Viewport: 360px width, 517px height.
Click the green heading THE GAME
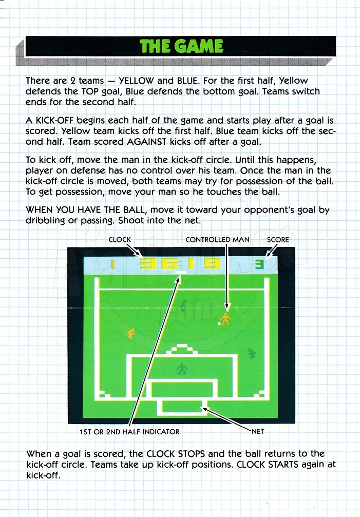[x=181, y=46]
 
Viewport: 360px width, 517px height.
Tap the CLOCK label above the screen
[x=120, y=240]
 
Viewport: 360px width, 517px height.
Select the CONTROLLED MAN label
[x=217, y=240]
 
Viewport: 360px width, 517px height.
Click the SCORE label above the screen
[x=278, y=240]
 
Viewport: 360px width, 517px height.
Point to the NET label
[x=258, y=432]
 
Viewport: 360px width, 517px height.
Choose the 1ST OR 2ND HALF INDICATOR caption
[x=129, y=432]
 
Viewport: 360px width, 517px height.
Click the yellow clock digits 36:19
[x=180, y=264]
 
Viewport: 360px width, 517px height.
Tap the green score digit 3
[x=260, y=264]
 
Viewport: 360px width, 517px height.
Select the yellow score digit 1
[x=113, y=264]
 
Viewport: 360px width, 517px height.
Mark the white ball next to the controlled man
[x=219, y=324]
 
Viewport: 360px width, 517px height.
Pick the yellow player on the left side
[x=131, y=334]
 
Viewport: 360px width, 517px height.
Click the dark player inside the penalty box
[x=182, y=369]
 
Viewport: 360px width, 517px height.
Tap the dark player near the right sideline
[x=252, y=354]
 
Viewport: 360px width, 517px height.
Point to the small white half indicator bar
[x=181, y=273]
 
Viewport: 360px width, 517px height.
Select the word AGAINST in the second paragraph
[x=147, y=142]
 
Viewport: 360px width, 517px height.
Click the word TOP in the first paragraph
[x=90, y=91]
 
